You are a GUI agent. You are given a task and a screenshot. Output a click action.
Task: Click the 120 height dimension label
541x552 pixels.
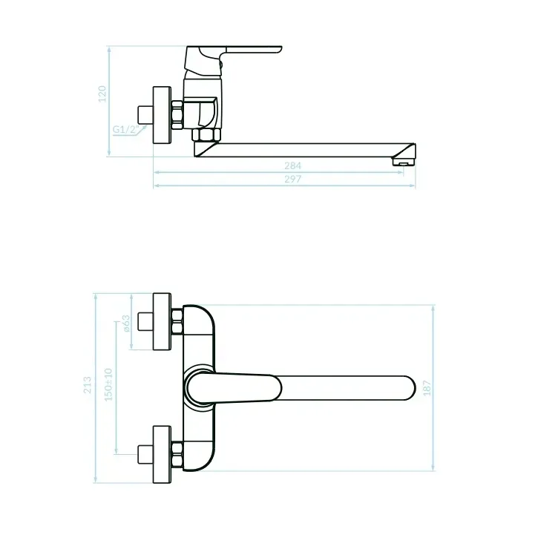pyautogui.click(x=102, y=94)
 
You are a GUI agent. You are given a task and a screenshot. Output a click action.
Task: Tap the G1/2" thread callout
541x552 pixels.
pyautogui.click(x=125, y=129)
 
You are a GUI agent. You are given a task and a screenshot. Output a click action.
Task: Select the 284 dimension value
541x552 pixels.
pyautogui.click(x=292, y=165)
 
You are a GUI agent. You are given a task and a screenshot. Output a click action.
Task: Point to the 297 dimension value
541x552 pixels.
pyautogui.click(x=292, y=179)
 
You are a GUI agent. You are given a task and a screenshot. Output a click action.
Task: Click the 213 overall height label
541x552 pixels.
pyautogui.click(x=88, y=385)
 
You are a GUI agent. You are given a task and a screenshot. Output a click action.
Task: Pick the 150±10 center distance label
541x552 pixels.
pyautogui.click(x=108, y=384)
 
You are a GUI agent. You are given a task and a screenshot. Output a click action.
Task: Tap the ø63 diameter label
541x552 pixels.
pyautogui.click(x=126, y=323)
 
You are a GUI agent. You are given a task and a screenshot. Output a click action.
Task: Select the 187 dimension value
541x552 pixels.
pyautogui.click(x=427, y=388)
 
